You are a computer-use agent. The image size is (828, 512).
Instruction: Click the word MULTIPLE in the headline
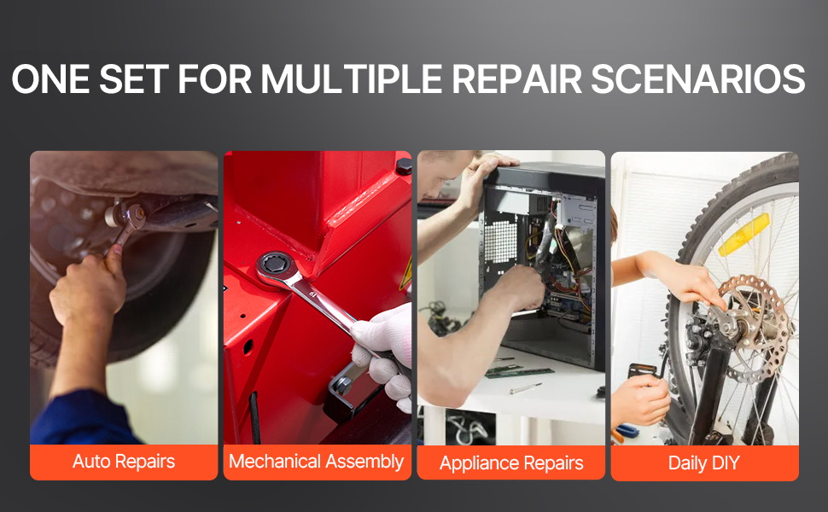coord(351,79)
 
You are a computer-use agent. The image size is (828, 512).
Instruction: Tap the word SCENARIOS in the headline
coord(697,79)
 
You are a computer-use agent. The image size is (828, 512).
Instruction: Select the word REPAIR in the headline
coord(516,79)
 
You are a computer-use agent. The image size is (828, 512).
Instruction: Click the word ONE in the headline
coord(50,79)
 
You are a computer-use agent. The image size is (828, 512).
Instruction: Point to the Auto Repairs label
coord(124,462)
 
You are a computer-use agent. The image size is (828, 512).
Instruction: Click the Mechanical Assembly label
coord(317,462)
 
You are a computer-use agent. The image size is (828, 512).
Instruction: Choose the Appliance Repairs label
coord(511,463)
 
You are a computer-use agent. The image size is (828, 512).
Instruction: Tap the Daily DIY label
coord(704,463)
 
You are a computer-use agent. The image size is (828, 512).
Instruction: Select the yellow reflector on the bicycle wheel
coord(743,235)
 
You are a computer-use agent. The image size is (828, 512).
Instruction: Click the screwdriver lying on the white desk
coord(525,388)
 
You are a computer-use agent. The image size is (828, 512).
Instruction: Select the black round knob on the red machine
coord(404,166)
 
